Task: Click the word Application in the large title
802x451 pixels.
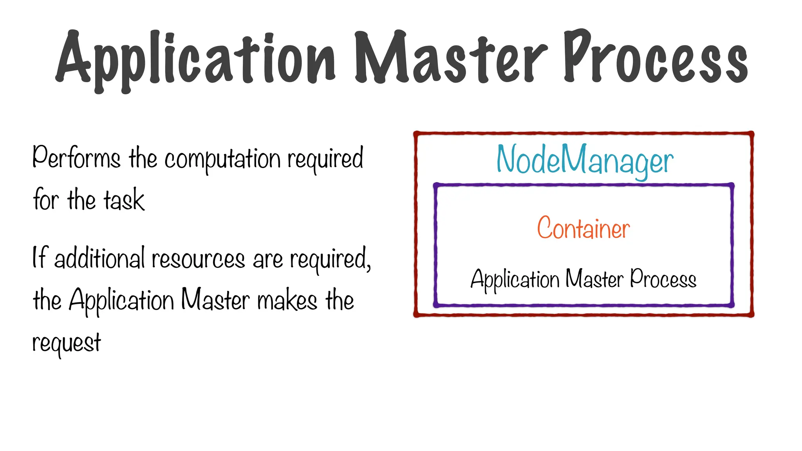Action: [x=196, y=59]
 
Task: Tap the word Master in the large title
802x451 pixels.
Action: [x=450, y=59]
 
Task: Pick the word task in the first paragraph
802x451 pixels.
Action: [x=124, y=200]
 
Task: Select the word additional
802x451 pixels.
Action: [x=99, y=258]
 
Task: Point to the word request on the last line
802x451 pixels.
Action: [x=67, y=343]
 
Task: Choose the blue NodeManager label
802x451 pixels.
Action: [x=585, y=161]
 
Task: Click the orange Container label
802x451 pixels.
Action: [x=583, y=228]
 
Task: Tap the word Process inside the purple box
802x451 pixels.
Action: [x=663, y=279]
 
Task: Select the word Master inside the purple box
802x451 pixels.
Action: [x=594, y=279]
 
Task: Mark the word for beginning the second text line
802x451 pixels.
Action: [x=46, y=200]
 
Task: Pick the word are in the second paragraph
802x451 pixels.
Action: [x=268, y=260]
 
